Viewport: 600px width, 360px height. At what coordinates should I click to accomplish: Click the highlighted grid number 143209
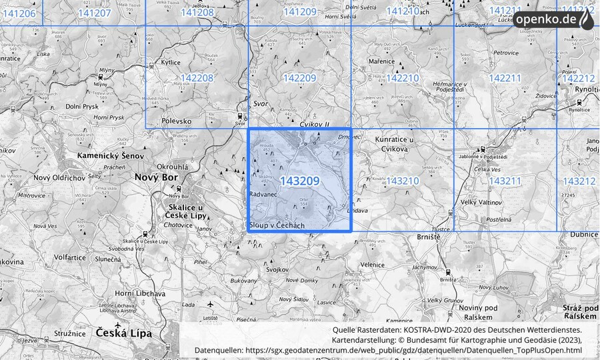coord(300,181)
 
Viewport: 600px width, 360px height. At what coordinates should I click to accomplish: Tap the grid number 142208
coord(197,78)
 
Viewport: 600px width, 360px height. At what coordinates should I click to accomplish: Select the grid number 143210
coord(403,181)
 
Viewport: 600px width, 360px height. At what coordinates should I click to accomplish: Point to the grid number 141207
coord(94,13)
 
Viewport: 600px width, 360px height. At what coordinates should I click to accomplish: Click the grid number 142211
coord(505,78)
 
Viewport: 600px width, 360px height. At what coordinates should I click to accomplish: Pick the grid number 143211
coord(505,181)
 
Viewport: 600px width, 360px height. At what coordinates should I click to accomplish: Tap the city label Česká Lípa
coord(123,332)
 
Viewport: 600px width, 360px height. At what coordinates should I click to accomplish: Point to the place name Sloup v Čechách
coord(277,226)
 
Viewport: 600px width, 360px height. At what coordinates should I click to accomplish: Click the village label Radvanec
coord(262,193)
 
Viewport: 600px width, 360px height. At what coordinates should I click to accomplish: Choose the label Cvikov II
coord(315,125)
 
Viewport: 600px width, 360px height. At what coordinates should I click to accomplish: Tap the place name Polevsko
coord(177,121)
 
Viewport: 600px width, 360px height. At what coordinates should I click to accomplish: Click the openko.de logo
coord(553,19)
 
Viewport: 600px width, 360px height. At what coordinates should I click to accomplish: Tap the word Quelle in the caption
coord(345,329)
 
